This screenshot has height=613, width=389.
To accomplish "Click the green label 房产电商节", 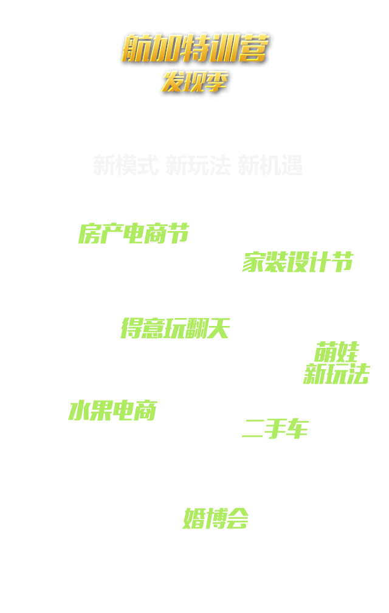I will [x=134, y=234].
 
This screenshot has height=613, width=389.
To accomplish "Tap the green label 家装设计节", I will [x=298, y=262].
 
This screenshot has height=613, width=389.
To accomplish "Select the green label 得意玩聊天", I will [x=175, y=328].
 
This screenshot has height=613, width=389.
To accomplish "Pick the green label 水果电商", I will [x=112, y=411].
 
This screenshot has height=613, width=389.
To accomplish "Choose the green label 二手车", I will [x=275, y=429].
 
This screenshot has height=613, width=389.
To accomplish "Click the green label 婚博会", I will [x=216, y=519].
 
